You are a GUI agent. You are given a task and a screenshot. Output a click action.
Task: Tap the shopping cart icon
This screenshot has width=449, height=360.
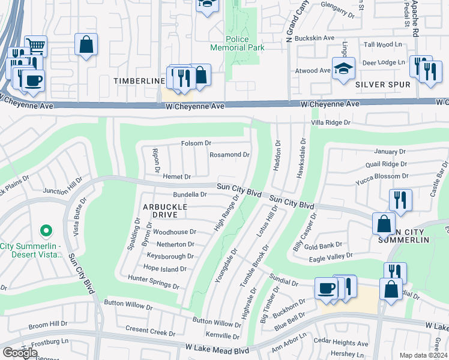pyautogui.click(x=36, y=46)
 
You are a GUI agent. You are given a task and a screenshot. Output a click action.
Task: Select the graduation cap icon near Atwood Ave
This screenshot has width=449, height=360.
pyautogui.click(x=343, y=68)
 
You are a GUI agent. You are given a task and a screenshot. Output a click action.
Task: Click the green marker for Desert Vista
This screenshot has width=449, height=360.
pyautogui.click(x=46, y=230)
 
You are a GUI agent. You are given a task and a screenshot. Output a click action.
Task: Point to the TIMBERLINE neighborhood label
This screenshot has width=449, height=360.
pyautogui.click(x=139, y=80)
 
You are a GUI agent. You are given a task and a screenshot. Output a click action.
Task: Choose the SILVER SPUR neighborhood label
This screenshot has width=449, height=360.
pyautogui.click(x=382, y=85)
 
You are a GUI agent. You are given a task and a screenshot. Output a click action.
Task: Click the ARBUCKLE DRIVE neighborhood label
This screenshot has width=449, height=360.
pyautogui.click(x=165, y=210)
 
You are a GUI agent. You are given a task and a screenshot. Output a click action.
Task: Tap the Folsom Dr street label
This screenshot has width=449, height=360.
pyautogui.click(x=196, y=143)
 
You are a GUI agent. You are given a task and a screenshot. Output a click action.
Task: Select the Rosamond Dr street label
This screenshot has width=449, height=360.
pyautogui.click(x=229, y=155)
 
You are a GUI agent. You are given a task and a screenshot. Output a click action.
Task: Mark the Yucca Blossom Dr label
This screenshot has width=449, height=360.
pyautogui.click(x=381, y=176)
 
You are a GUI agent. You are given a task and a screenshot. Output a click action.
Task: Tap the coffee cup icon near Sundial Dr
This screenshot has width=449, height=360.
pyautogui.click(x=326, y=288)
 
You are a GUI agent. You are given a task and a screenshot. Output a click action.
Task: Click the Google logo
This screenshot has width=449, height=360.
pyautogui.click(x=20, y=353)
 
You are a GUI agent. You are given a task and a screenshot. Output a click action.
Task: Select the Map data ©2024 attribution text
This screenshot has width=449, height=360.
pyautogui.click(x=423, y=355)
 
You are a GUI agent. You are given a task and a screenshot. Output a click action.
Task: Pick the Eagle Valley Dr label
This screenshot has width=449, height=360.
pyautogui.click(x=330, y=257)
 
